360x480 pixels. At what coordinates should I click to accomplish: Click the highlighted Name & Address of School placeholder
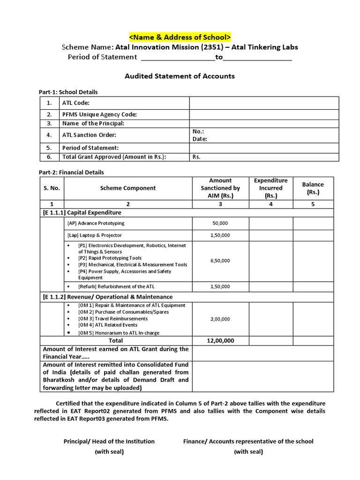point(180,37)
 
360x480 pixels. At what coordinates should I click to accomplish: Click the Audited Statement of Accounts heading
point(180,76)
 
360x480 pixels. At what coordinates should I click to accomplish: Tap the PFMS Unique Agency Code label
point(99,114)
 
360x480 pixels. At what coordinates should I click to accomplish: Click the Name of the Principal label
point(93,123)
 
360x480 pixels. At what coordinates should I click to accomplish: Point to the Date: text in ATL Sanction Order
point(200,139)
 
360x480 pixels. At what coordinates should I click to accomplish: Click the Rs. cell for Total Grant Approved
point(196,157)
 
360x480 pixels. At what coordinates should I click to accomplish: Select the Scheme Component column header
point(127,188)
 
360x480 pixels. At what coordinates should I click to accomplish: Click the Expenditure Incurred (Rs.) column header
point(270,188)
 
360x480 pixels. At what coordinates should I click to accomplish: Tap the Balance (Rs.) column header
point(313,188)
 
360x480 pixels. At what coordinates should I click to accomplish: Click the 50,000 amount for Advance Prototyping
point(220,224)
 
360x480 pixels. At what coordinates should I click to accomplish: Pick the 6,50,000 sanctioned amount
point(220,261)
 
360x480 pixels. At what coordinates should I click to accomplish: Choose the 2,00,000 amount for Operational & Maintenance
point(220,319)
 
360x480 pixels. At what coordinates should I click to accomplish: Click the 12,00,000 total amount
point(220,341)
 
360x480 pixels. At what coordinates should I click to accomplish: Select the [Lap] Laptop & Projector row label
point(95,235)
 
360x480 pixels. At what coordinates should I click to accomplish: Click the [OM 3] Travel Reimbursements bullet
point(112,319)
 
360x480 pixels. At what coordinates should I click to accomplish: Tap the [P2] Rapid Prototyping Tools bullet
point(110,258)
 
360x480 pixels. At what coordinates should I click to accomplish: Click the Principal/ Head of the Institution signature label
point(109,442)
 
